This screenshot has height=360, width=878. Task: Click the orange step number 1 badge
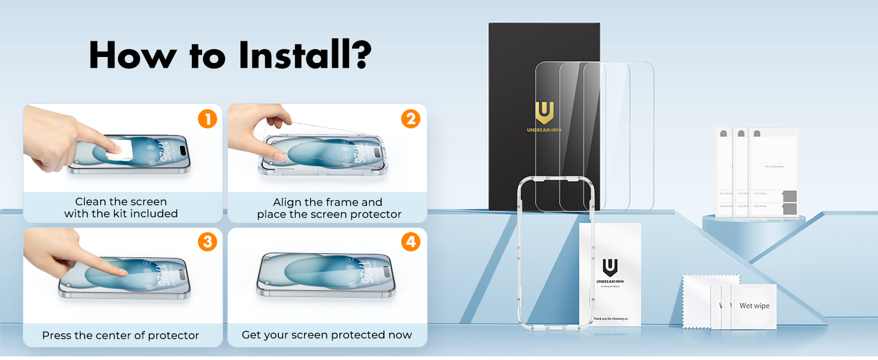[x=207, y=119]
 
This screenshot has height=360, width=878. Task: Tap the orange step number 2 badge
[x=411, y=119]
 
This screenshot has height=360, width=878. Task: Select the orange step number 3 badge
[x=207, y=242]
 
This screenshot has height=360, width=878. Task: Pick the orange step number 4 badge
[x=411, y=242]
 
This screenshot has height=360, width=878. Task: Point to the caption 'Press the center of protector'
[x=121, y=335]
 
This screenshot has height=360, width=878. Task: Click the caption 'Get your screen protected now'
[x=327, y=335]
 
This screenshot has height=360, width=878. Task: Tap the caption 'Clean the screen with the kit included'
[x=121, y=208]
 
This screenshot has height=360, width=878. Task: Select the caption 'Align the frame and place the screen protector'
[x=329, y=208]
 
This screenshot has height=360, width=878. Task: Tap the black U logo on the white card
[x=610, y=266]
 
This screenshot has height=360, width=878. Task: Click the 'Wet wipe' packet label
[x=754, y=306]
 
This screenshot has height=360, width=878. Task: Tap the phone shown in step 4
[x=327, y=274]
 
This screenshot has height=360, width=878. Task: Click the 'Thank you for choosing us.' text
[x=611, y=319]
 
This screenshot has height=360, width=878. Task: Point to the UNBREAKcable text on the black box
[x=544, y=130]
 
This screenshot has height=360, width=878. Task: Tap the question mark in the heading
[x=358, y=55]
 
